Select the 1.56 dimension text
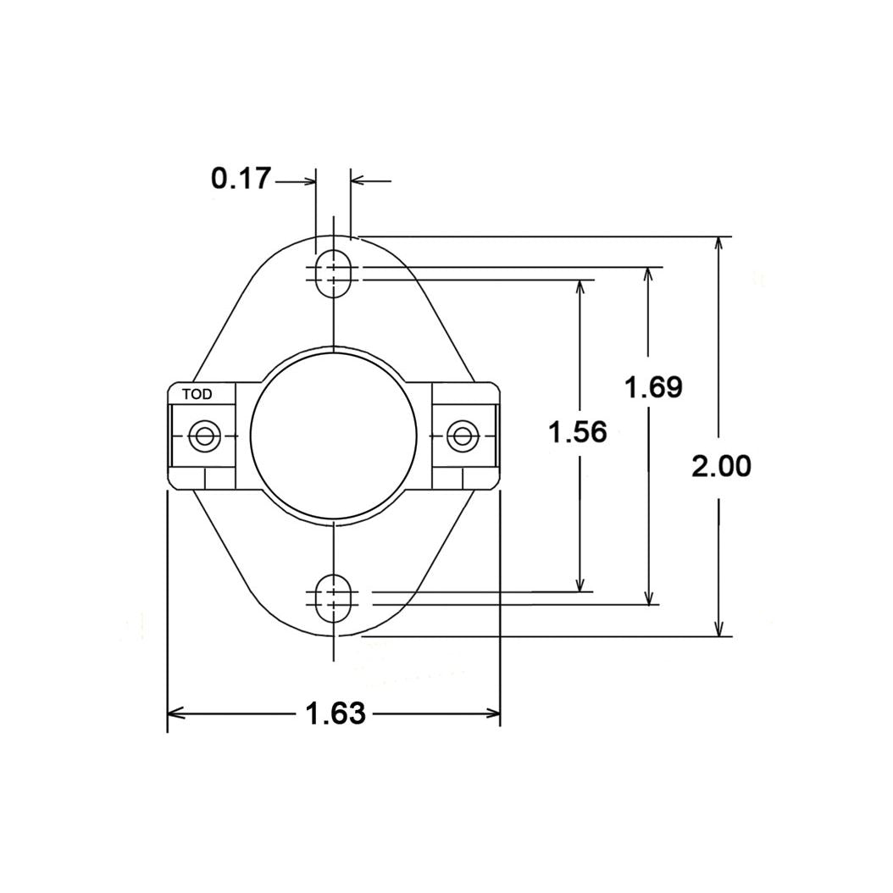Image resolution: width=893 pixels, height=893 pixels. (x=578, y=433)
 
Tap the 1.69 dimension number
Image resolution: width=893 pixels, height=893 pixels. (x=652, y=388)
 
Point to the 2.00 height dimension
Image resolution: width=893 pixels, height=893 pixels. (x=720, y=466)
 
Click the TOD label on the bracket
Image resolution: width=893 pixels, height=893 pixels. (x=197, y=394)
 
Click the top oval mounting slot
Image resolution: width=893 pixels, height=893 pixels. (x=335, y=273)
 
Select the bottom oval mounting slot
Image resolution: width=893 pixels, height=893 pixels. (x=335, y=599)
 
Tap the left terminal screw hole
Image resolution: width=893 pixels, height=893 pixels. (x=203, y=436)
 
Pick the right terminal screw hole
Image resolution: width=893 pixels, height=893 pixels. (x=462, y=436)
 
